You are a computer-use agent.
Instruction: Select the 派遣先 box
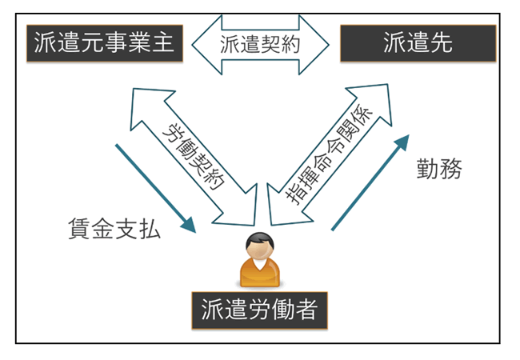(417, 42)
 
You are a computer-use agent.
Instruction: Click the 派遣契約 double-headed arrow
(260, 43)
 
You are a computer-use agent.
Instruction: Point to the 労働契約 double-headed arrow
(191, 152)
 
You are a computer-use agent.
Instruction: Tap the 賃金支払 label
(115, 231)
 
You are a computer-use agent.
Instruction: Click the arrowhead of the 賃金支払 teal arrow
(187, 225)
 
